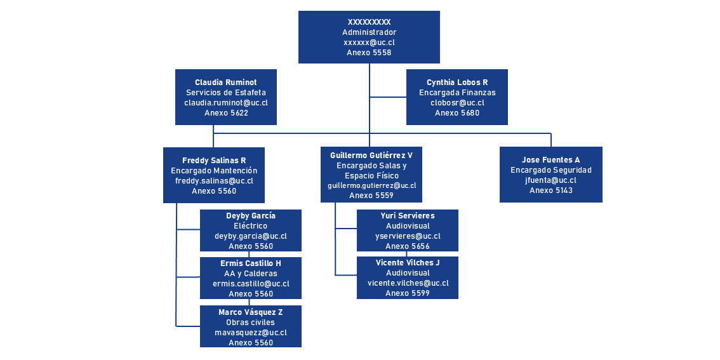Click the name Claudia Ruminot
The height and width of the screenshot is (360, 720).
point(226,83)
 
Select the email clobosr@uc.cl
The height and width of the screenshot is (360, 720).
point(457,103)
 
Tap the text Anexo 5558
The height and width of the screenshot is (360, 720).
point(369,53)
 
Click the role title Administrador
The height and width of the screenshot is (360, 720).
point(369,32)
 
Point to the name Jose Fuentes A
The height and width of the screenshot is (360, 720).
point(551,160)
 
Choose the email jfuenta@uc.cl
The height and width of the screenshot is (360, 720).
point(551,180)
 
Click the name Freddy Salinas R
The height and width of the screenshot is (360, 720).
point(214,161)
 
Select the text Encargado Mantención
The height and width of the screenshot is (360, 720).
point(214,171)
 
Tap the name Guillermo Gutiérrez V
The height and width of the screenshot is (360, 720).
point(371,156)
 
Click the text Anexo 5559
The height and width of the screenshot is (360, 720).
point(371,196)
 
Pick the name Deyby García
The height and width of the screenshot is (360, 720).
point(251,216)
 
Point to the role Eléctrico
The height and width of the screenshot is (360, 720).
point(251,226)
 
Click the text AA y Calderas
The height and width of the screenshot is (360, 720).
point(251,274)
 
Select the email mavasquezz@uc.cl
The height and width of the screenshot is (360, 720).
point(251,333)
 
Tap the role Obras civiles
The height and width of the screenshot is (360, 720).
point(251,323)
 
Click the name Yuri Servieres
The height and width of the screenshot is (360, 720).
point(408,216)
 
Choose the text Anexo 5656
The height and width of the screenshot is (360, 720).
point(408,246)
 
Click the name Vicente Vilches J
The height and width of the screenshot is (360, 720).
point(408,263)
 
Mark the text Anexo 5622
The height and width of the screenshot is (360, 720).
point(226,113)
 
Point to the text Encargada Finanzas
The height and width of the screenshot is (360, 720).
point(457,93)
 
